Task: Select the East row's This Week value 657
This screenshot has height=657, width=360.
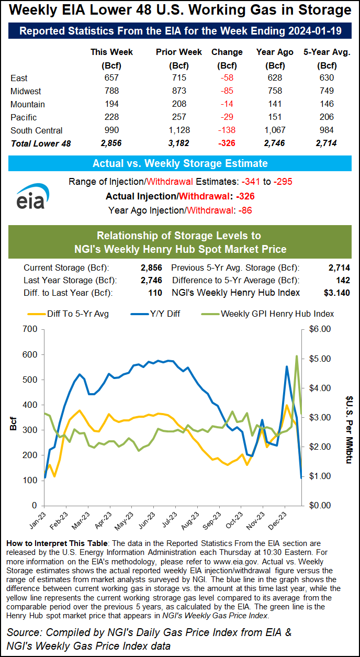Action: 111,78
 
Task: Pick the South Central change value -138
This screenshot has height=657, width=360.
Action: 227,130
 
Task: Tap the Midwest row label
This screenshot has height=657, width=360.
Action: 26,91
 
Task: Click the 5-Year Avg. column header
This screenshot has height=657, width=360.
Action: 327,52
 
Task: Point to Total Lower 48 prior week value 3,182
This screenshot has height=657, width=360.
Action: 172,143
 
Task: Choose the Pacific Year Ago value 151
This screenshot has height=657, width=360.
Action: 274,117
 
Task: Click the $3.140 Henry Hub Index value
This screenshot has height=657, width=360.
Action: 337,293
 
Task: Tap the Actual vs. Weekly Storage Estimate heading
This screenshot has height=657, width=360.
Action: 180,163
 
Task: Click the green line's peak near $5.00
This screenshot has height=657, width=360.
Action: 297,356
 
